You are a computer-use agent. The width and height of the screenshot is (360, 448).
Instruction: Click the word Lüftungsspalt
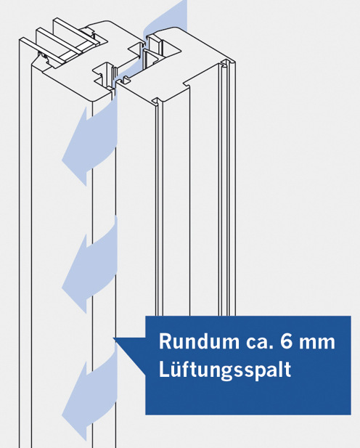(225, 369)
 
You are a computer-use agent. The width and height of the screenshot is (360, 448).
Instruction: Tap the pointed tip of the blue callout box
(115, 340)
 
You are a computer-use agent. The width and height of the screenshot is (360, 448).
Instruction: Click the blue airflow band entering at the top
(165, 18)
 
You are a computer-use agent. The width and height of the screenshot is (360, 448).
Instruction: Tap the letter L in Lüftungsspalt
(164, 369)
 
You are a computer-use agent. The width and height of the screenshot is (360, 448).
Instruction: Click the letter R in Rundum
(165, 341)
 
